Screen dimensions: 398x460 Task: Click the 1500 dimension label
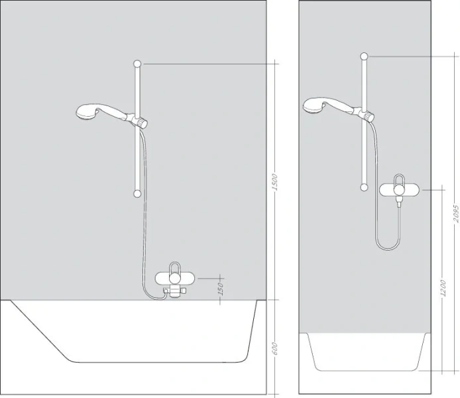276,181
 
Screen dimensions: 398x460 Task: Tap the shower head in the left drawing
88,111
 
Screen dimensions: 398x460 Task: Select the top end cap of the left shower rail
137,64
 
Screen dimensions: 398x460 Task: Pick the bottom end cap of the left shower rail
137,194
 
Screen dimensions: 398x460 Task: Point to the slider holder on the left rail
141,121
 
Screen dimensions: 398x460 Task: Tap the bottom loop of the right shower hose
388,247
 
